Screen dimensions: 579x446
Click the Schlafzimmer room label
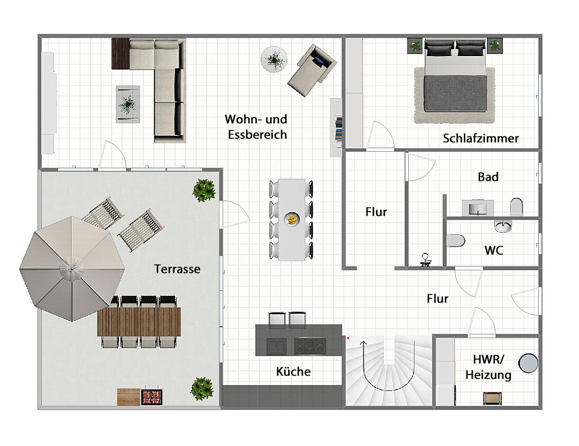pos(481,139)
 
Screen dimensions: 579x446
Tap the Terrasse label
pos(177,269)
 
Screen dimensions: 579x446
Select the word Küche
pos(293,371)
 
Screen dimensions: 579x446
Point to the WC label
pos(494,251)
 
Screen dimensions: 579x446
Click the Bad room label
pos(488,177)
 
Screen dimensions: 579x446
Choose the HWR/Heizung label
pos(488,367)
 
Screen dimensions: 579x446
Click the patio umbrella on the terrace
pos(72,269)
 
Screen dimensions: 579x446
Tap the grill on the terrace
pos(151,396)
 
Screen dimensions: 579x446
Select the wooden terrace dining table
pos(139,322)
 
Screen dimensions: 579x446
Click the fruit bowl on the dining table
pos(292,219)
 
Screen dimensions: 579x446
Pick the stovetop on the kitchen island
pos(310,347)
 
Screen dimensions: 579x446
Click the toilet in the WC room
pos(456,241)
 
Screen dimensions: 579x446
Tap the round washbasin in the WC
pos(503,225)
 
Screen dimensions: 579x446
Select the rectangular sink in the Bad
pos(478,208)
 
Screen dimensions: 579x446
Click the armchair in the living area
pos(312,70)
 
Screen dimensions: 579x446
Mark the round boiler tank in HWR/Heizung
pos(528,363)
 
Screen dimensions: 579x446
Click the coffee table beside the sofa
pos(128,104)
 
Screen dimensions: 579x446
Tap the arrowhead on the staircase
pos(364,344)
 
